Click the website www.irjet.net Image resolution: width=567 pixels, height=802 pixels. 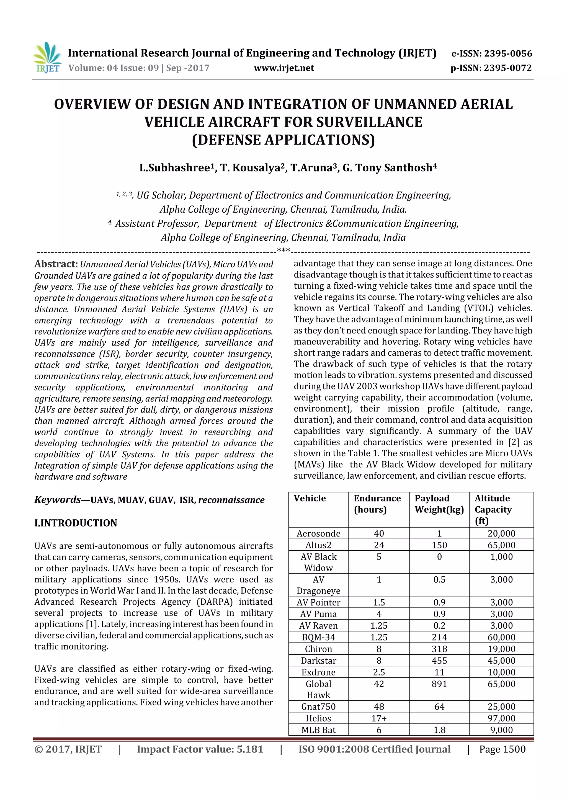click(x=284, y=68)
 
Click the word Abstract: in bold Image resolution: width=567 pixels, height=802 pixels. click(x=56, y=264)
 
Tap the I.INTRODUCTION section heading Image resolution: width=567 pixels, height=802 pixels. click(x=76, y=523)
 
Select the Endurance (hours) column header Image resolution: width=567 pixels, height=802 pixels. click(x=377, y=504)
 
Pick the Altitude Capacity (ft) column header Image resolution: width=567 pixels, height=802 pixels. click(x=493, y=509)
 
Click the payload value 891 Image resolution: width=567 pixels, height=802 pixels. click(x=439, y=684)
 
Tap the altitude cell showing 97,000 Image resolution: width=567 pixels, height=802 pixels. click(x=501, y=718)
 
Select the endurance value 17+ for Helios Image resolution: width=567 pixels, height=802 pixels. click(x=379, y=718)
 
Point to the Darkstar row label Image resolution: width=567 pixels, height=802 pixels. click(x=318, y=661)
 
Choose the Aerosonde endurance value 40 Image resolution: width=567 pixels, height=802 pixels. click(x=379, y=533)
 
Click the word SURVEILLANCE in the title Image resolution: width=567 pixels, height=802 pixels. click(x=369, y=122)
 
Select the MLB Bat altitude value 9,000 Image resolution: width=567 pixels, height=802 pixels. click(x=501, y=730)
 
